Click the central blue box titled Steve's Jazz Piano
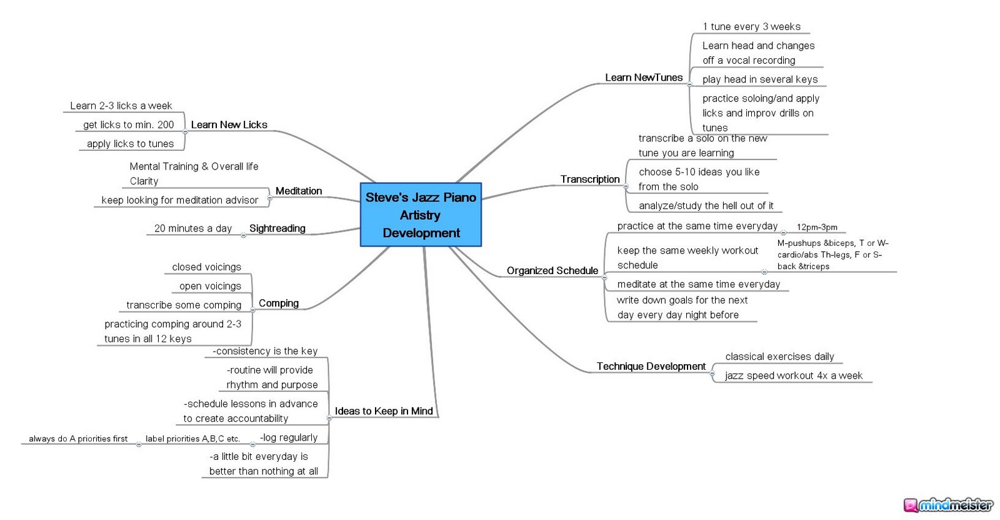(421, 215)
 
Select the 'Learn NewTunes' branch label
(644, 78)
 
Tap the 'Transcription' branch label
(589, 180)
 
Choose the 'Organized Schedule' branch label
(552, 271)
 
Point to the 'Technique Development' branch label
(651, 367)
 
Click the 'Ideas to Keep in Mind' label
(384, 411)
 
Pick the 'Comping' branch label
(278, 303)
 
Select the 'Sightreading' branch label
(277, 228)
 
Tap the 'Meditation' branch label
(298, 191)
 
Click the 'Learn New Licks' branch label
(229, 125)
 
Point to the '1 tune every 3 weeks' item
(751, 27)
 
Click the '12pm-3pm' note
(817, 227)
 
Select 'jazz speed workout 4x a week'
(793, 375)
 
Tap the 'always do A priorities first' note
(78, 439)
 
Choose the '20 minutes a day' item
(192, 228)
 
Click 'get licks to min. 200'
(128, 125)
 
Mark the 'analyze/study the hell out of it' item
(706, 206)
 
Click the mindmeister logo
(947, 505)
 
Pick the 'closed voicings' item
(206, 267)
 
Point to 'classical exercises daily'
(779, 357)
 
